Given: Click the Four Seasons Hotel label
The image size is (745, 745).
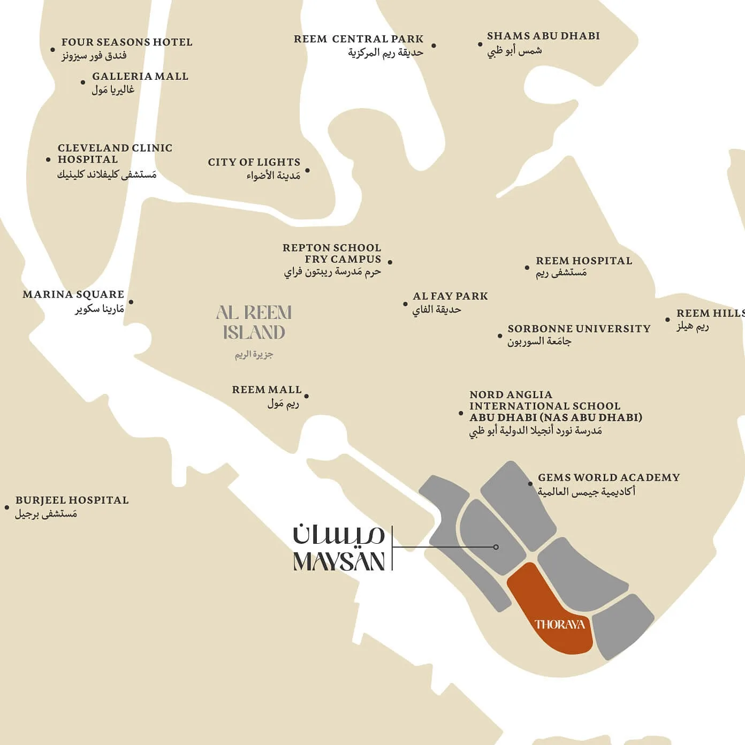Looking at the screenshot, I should pos(126,42).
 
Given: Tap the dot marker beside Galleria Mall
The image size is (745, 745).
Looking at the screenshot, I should pos(83,82).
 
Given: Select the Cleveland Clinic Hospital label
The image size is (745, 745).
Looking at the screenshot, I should pos(115,154).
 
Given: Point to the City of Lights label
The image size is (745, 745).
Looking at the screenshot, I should pos(254,162).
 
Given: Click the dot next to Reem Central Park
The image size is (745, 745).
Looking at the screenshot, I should pos(434,46).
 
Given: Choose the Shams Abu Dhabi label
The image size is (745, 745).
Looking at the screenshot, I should pos(543,36).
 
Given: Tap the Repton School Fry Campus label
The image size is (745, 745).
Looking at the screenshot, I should pos(332,254).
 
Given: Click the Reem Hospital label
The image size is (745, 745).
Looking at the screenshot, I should pos(583,261).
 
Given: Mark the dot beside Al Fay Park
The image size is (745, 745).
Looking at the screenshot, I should pos(405,304).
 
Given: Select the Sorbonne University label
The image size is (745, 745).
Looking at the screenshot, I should pos(579,329).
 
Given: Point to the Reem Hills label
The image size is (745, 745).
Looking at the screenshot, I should pos(710,314).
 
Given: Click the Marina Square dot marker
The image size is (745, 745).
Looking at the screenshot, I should pos(131,302).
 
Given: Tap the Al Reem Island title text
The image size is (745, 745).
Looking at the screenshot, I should pos(254,322).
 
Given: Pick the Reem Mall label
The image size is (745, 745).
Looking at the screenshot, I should pos(267,390).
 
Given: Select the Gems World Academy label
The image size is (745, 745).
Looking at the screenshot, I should pos(609,477).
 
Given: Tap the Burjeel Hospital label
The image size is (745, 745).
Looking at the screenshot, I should pos(72,500).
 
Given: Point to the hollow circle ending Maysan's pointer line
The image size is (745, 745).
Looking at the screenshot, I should pos(496,547).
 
